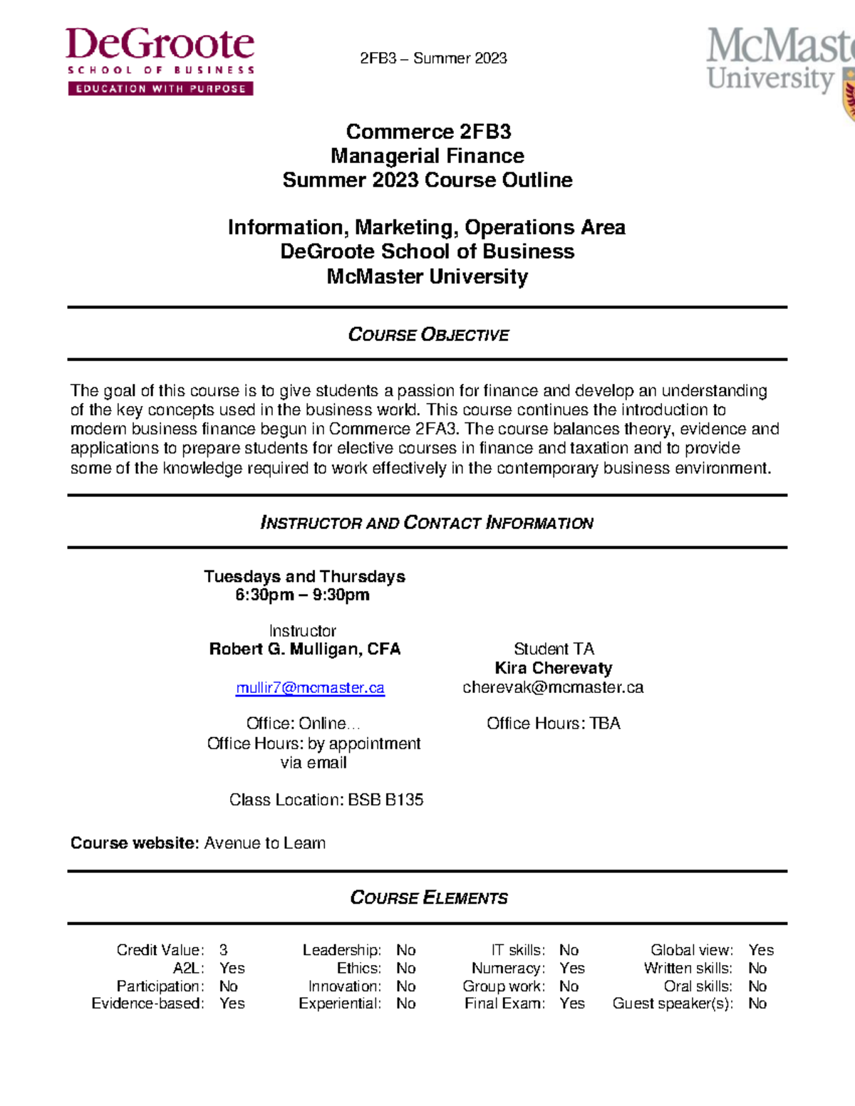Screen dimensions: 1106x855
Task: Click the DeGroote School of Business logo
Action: [x=160, y=61]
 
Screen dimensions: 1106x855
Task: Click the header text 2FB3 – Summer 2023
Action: [x=433, y=58]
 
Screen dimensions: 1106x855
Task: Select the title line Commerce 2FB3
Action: [x=428, y=132]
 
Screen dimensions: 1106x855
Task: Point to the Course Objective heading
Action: [x=428, y=335]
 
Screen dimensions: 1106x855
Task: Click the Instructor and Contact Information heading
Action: [x=427, y=523]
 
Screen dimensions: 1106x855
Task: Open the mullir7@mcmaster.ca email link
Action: [x=310, y=688]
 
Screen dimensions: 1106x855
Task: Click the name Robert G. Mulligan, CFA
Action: [x=305, y=649]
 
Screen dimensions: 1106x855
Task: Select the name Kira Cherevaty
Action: [x=554, y=668]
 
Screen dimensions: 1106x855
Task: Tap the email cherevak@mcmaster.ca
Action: [x=553, y=687]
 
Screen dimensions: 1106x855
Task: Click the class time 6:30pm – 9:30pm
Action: [x=302, y=595]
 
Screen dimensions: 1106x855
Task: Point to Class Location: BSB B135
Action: [x=326, y=800]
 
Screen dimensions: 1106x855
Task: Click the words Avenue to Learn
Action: [x=265, y=843]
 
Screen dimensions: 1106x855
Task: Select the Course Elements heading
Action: [x=429, y=897]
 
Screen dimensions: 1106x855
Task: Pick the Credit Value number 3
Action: [x=224, y=950]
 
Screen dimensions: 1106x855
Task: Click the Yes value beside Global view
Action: [x=761, y=950]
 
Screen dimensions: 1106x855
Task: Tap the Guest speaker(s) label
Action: [x=673, y=1003]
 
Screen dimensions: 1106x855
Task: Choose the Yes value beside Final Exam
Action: [x=572, y=1003]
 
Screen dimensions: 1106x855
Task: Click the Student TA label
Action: [x=554, y=649]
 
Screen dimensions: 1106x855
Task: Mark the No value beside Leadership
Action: [x=406, y=950]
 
